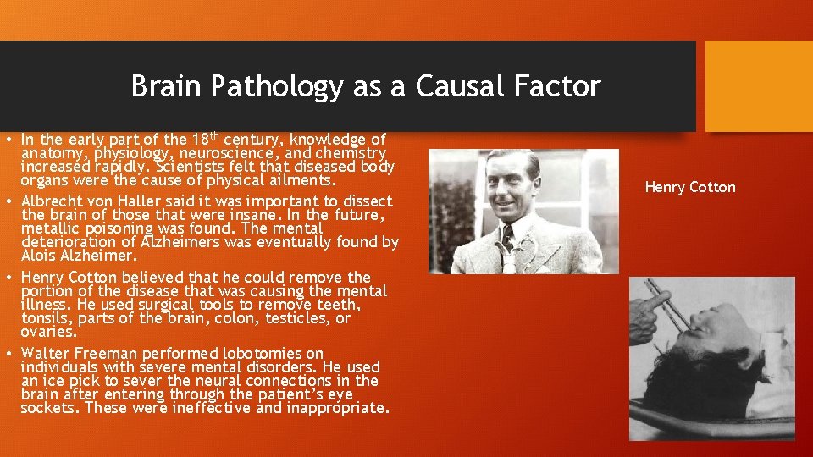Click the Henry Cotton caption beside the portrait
(690, 187)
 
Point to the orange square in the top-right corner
(758, 85)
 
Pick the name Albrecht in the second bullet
(51, 201)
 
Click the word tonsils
(45, 318)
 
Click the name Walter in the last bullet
(46, 353)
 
